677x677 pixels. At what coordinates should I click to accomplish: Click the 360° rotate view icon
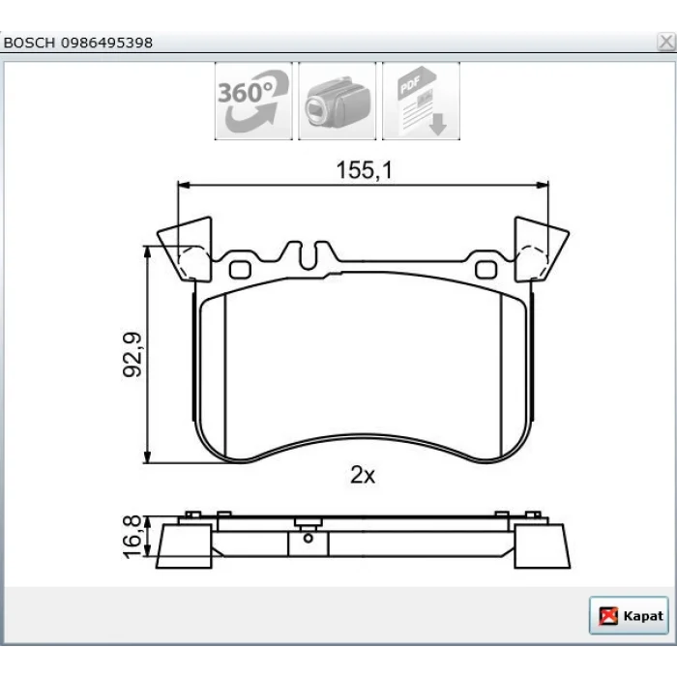[x=253, y=101]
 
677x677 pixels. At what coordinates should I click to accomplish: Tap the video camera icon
[x=338, y=101]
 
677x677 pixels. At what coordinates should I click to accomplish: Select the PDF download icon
[x=421, y=101]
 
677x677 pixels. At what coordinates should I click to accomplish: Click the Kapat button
[x=629, y=616]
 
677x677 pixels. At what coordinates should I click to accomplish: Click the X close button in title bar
[x=666, y=42]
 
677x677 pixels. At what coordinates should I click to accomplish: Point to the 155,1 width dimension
[x=365, y=169]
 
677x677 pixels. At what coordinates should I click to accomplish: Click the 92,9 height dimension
[x=132, y=355]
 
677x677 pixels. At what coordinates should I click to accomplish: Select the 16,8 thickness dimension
[x=132, y=537]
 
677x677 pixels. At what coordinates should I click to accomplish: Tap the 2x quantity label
[x=363, y=475]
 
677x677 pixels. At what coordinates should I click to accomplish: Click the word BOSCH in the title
[x=29, y=43]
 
